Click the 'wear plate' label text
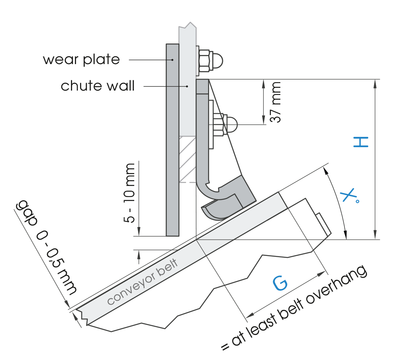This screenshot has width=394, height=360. click(x=82, y=59)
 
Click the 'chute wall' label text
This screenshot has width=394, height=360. click(x=98, y=86)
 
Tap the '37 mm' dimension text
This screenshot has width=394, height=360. click(x=275, y=102)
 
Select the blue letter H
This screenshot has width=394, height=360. click(x=361, y=142)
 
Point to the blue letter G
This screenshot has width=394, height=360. click(x=280, y=283)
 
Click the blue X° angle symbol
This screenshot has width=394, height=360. click(x=350, y=195)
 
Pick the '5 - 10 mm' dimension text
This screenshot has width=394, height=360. click(x=129, y=193)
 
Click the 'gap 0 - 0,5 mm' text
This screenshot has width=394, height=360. click(x=46, y=247)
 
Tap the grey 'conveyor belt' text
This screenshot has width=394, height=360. click(x=143, y=281)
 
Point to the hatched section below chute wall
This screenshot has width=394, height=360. click(x=187, y=159)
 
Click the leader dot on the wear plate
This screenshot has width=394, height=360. click(x=172, y=60)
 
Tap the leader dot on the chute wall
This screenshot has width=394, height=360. click(x=187, y=86)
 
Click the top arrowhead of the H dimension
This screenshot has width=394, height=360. click(x=375, y=83)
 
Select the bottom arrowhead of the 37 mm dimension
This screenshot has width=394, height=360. click(x=264, y=120)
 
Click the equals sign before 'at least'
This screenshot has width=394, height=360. click(x=225, y=346)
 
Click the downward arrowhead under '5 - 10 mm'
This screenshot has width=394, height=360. click(x=139, y=231)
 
